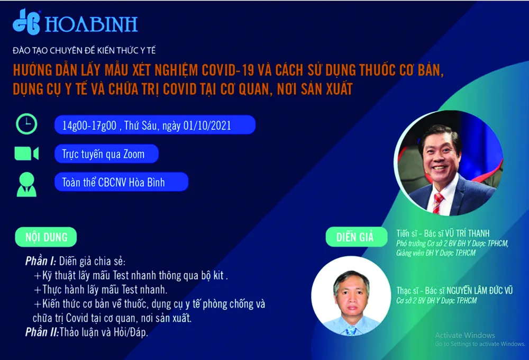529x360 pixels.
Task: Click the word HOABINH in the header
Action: pyautogui.click(x=91, y=24)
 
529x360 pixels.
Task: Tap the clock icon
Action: pyautogui.click(x=26, y=124)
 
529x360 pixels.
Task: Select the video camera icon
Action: pyautogui.click(x=26, y=154)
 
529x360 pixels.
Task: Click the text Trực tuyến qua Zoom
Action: pyautogui.click(x=103, y=154)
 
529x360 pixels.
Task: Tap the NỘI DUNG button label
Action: pyautogui.click(x=47, y=237)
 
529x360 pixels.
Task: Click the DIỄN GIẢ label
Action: pyautogui.click(x=355, y=237)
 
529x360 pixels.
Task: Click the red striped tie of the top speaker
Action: pyautogui.click(x=437, y=203)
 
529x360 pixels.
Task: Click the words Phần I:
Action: pyautogui.click(x=40, y=262)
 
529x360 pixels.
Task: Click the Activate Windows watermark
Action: pyautogui.click(x=465, y=335)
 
